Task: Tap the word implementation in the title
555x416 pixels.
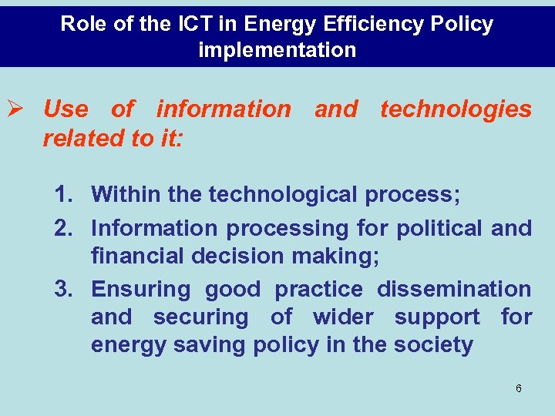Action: pyautogui.click(x=277, y=51)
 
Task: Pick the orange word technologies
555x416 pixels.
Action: pyautogui.click(x=456, y=109)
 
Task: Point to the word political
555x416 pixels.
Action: pyautogui.click(x=434, y=228)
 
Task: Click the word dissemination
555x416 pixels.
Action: pyautogui.click(x=454, y=290)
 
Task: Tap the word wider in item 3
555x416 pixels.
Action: pyautogui.click(x=344, y=317)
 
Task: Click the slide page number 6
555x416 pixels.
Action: pyautogui.click(x=518, y=388)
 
